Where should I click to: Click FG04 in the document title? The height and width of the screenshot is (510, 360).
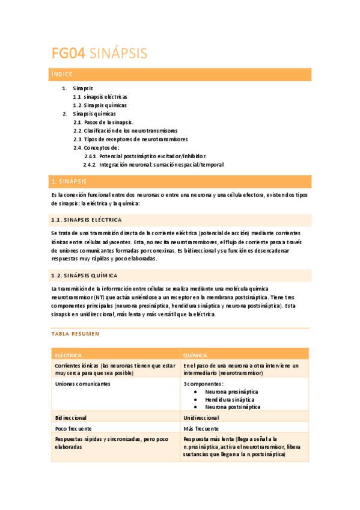pyautogui.click(x=67, y=54)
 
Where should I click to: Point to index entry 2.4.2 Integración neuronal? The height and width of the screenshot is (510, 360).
pyautogui.click(x=153, y=164)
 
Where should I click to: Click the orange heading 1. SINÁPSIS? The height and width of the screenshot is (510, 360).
pyautogui.click(x=69, y=181)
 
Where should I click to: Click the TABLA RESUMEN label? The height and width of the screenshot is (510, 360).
pyautogui.click(x=75, y=333)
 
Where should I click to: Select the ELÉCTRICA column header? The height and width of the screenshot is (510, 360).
pyautogui.click(x=69, y=355)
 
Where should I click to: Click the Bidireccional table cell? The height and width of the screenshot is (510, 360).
pyautogui.click(x=71, y=417)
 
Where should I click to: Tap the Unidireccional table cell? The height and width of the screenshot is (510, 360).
pyautogui.click(x=201, y=417)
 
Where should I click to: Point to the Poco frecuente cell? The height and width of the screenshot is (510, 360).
pyautogui.click(x=73, y=429)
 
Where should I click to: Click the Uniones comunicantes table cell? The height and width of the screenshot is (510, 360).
pyautogui.click(x=82, y=384)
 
